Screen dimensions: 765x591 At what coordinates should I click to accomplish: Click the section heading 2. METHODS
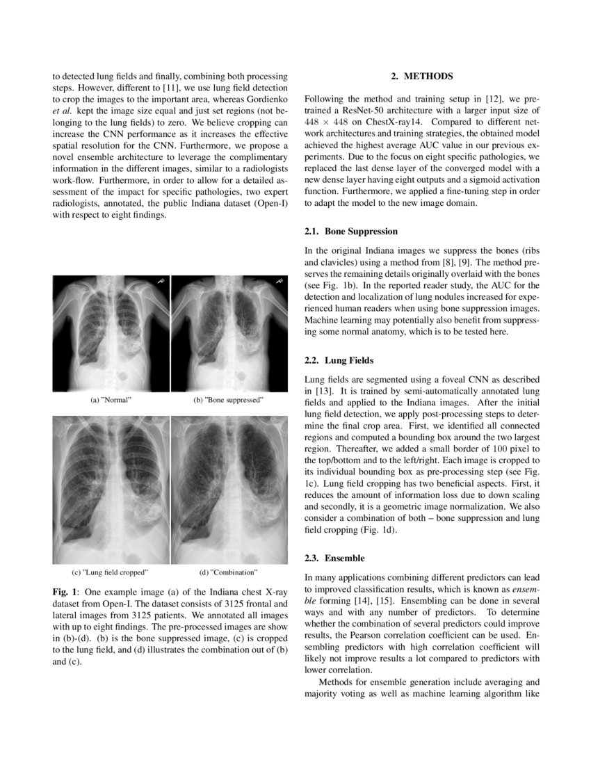click(x=422, y=75)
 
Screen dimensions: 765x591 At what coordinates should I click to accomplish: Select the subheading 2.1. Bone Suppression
click(x=351, y=231)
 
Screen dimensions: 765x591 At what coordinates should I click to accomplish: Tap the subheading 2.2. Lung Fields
click(x=339, y=361)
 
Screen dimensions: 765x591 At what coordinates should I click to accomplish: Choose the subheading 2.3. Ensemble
click(x=334, y=558)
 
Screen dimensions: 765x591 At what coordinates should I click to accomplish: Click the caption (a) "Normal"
click(x=111, y=401)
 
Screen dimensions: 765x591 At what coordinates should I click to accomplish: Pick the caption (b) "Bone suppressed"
click(x=229, y=401)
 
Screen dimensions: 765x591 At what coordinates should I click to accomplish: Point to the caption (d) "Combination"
click(x=228, y=572)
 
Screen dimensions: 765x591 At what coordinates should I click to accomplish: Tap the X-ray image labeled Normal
click(x=111, y=333)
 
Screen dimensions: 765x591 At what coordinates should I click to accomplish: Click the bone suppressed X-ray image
click(x=229, y=333)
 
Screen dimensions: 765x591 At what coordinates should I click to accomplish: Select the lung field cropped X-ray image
click(x=111, y=490)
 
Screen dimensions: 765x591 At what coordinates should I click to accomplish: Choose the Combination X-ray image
click(x=229, y=490)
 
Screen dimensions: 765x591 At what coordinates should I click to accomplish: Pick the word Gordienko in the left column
click(x=265, y=99)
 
